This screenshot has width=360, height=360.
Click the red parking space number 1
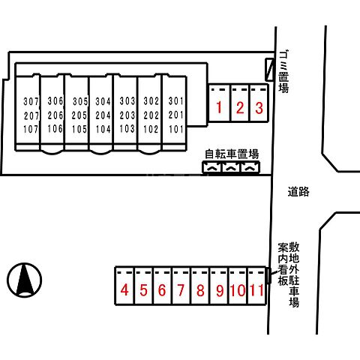pos(219,107)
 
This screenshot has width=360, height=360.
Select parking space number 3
pos(259,108)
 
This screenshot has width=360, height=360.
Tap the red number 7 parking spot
pos(181,290)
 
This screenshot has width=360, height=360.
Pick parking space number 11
pos(256,290)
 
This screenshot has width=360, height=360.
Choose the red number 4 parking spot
pos(124,290)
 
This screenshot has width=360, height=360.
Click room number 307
pos(31,101)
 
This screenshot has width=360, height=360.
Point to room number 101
pos(176,129)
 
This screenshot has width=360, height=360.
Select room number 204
pos(103,115)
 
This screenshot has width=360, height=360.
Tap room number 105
pos(79,129)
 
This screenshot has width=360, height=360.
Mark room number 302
pos(151,101)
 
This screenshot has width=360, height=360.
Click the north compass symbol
pos(25,280)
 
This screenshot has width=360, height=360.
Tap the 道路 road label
pos(298,192)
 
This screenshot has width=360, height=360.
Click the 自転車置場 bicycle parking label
pos(232,154)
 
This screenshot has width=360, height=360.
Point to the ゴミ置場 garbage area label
pos(284,71)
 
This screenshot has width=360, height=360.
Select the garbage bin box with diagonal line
pos(269,69)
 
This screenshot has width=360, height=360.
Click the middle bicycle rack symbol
pos(232,167)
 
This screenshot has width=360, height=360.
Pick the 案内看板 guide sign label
pos(283,264)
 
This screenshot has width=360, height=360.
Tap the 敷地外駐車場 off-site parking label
pos(294,274)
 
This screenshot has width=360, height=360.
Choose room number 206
pos(55,115)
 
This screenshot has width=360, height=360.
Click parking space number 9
pos(220,290)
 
